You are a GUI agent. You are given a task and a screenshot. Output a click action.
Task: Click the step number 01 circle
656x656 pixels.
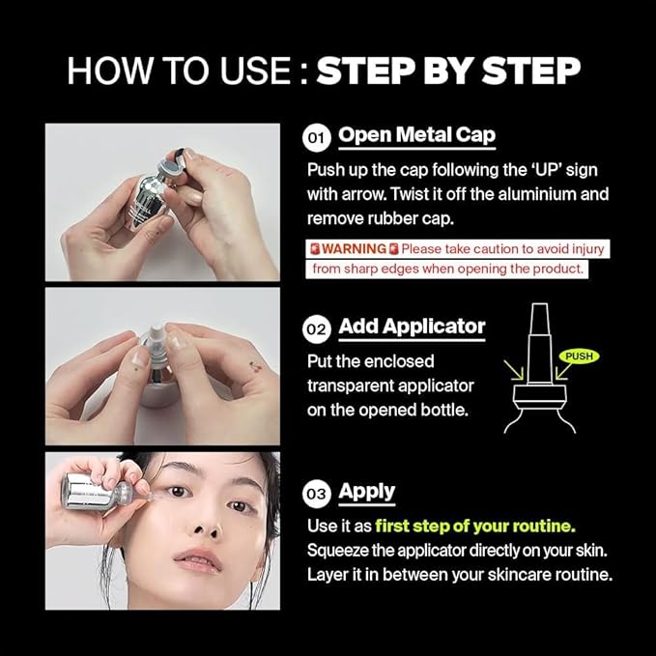click(316, 138)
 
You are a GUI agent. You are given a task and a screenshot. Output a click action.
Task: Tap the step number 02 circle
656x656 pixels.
click(316, 329)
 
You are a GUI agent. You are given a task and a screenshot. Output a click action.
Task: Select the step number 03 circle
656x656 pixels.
click(316, 494)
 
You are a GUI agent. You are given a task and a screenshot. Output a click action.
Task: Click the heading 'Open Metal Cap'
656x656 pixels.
click(416, 135)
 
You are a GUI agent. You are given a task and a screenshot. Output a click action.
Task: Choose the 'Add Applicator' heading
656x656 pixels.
click(412, 327)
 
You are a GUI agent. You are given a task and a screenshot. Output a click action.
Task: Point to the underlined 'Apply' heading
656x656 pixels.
click(366, 491)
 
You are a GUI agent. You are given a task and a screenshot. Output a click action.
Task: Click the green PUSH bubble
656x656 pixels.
click(579, 357)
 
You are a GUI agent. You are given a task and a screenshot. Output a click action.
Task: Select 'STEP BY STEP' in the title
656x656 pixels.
click(449, 71)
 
